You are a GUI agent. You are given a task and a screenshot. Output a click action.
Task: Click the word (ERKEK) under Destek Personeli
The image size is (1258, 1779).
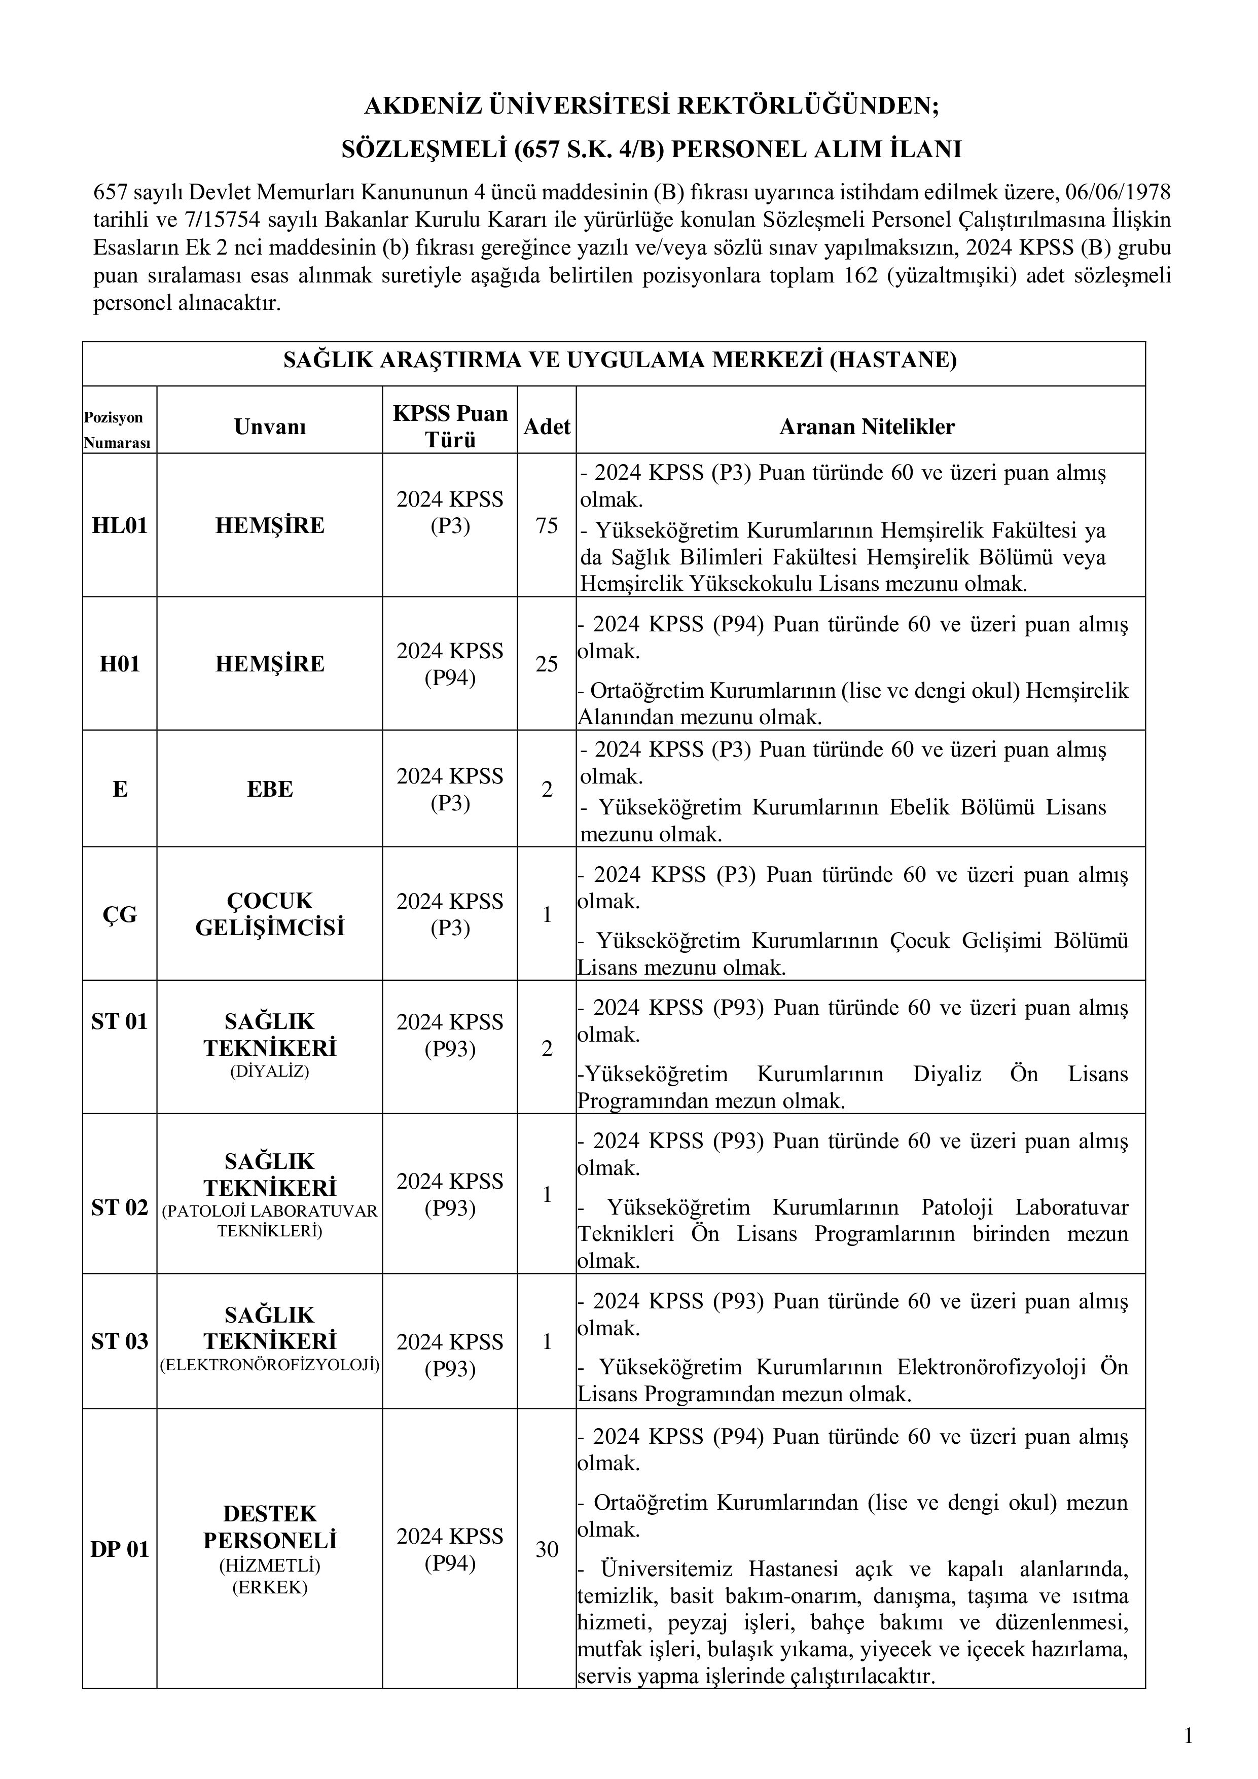[x=270, y=1588]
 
